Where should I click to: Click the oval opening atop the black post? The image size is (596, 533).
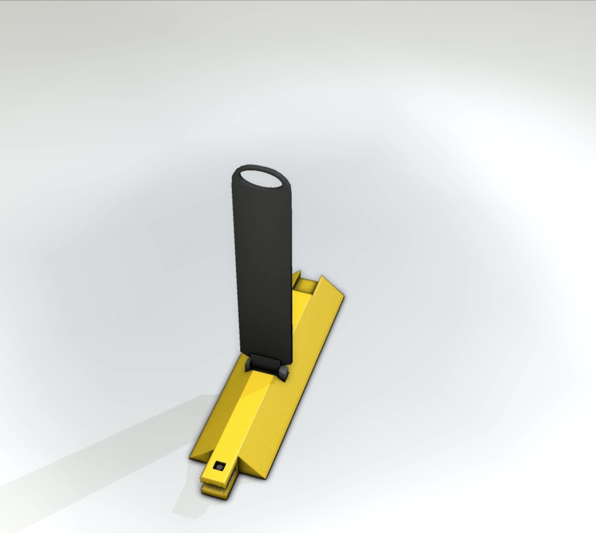(261, 180)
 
